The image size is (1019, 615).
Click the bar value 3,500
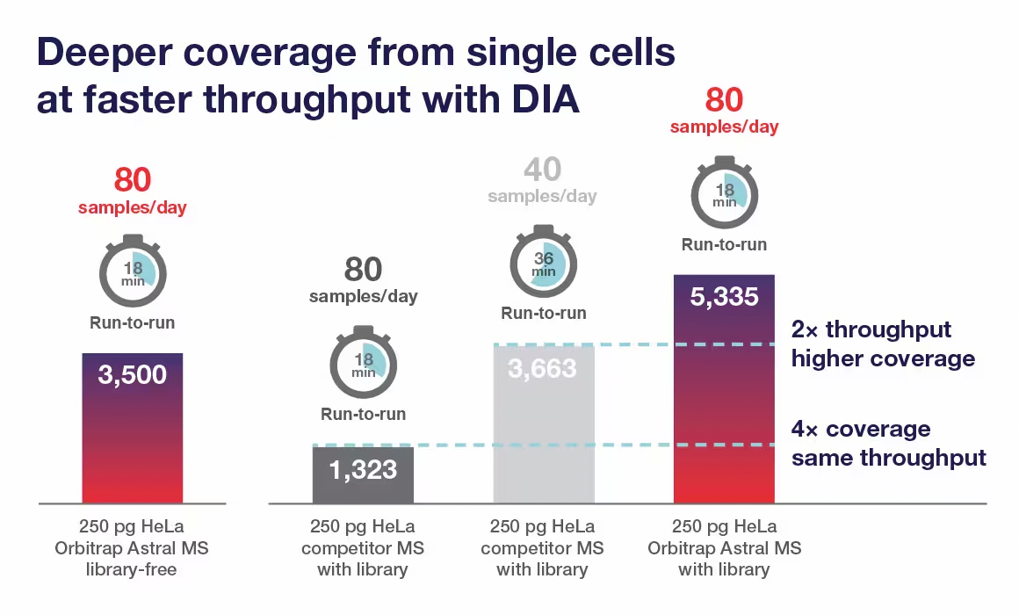pos(132,375)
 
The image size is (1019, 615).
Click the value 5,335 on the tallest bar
pos(724,296)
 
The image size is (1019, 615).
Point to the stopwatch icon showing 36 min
pos(543,261)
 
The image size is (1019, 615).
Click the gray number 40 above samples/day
pos(542,170)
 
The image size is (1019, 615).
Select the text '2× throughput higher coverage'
pos(882,344)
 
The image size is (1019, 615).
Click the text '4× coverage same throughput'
pos(888,444)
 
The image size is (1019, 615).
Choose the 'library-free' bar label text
pos(132,569)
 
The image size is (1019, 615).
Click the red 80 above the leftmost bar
pos(132,180)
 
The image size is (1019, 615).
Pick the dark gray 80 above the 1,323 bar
pos(363,270)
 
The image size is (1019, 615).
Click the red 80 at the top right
pos(724,100)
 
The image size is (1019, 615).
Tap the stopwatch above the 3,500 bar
pos(132,271)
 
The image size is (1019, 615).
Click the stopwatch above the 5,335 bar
pos(724,192)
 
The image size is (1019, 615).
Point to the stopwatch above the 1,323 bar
pos(363,363)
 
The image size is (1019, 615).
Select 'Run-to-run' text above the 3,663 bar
pos(543,313)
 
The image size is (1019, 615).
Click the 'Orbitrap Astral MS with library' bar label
pos(724,548)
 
